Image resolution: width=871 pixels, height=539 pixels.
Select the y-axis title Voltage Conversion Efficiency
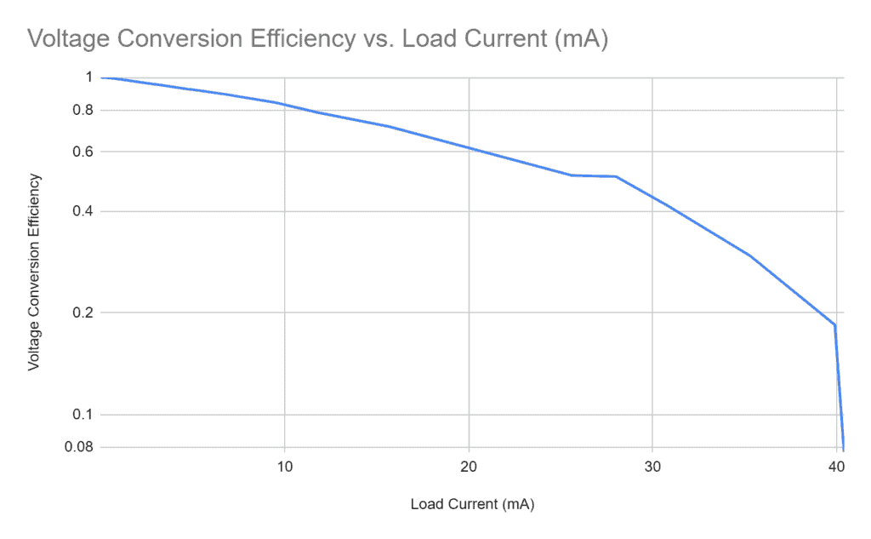(34, 271)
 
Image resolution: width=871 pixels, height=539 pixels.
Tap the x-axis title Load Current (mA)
(472, 503)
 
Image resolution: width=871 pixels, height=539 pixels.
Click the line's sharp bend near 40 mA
(834, 324)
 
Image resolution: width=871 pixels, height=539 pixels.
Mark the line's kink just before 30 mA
(616, 176)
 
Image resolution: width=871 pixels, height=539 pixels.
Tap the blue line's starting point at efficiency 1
(102, 77)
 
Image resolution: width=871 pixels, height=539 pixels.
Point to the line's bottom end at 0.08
(843, 448)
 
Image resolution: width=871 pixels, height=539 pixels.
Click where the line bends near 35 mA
(750, 255)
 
